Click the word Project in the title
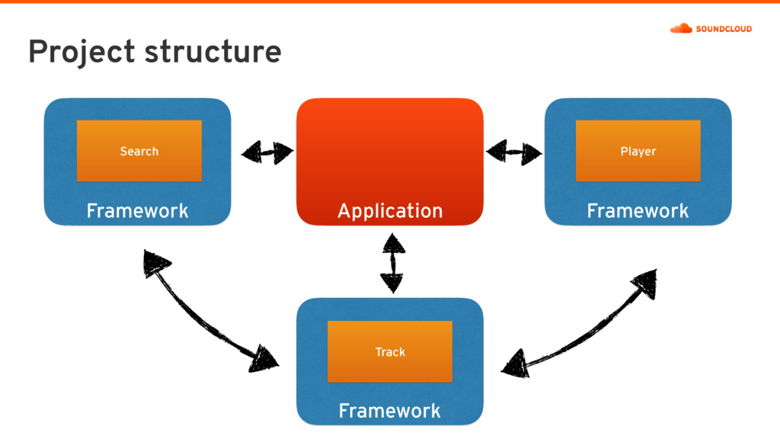(82, 52)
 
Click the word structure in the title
(213, 52)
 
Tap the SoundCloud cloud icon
(681, 28)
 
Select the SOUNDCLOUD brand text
(724, 29)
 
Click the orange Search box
(139, 151)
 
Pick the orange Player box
(638, 151)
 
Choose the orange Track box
(390, 352)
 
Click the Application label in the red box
(390, 211)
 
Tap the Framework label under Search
(137, 210)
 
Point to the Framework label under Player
(638, 210)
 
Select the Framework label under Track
(389, 411)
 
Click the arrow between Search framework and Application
(267, 152)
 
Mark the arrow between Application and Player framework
(514, 152)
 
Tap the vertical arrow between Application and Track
(393, 263)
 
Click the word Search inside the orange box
(139, 152)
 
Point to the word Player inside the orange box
(638, 152)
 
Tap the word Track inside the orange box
(390, 352)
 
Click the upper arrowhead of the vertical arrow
(394, 243)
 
